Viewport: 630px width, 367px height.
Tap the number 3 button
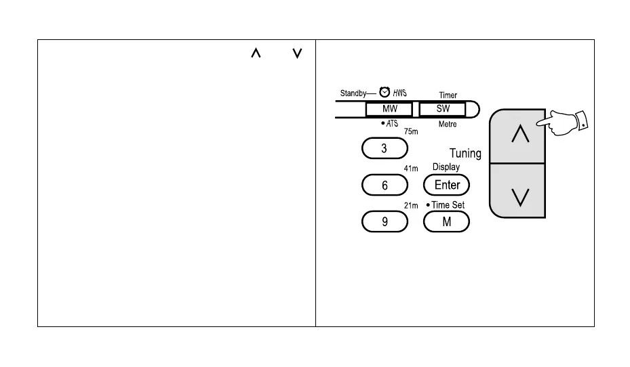click(x=385, y=148)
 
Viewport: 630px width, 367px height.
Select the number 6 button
click(x=385, y=185)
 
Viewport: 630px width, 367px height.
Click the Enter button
click(x=446, y=185)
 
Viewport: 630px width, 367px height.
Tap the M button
click(x=446, y=221)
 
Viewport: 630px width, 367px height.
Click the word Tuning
click(x=465, y=154)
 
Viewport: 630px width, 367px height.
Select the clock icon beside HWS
click(x=384, y=92)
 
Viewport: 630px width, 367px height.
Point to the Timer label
click(x=448, y=96)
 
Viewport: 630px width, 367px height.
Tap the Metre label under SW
click(x=448, y=124)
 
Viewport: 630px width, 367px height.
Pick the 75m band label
click(x=411, y=132)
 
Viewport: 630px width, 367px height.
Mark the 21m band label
click(x=411, y=206)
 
